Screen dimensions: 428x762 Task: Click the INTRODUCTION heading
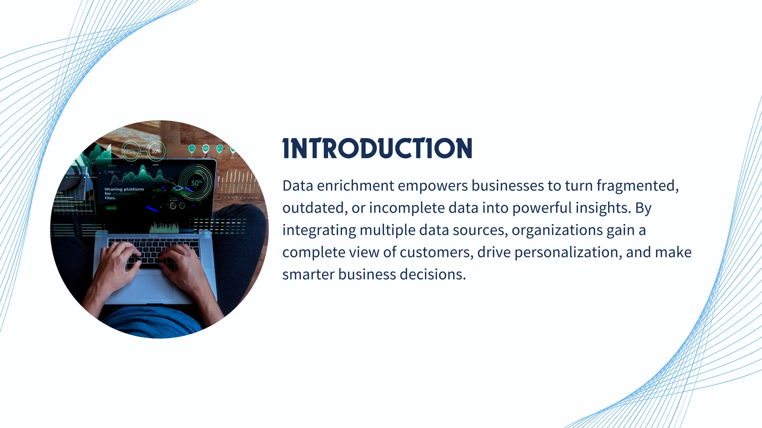coord(377,149)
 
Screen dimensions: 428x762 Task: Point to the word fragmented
coord(637,186)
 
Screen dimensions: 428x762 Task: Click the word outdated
coord(314,208)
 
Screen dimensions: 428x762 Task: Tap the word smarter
coord(308,275)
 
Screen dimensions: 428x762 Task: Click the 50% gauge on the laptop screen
coord(196,183)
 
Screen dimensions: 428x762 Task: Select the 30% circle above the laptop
coord(156,151)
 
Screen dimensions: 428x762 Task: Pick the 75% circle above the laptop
coord(131,151)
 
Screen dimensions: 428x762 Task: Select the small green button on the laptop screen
coord(111,208)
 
